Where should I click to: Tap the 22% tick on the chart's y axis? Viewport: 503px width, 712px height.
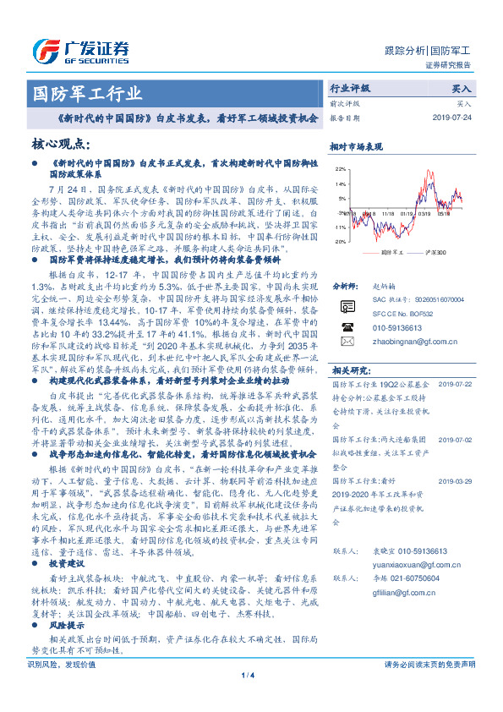pyautogui.click(x=341, y=169)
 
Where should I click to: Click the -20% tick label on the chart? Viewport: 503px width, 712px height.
pyautogui.click(x=340, y=241)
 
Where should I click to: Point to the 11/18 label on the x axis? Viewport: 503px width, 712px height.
pyautogui.click(x=387, y=215)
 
